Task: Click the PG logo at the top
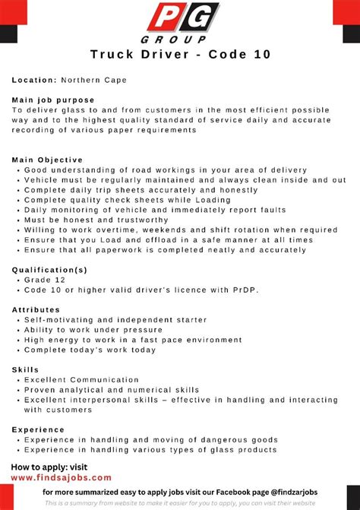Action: [183, 18]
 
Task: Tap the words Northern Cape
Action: [95, 80]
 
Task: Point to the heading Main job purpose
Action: [53, 100]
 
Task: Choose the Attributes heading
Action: [36, 309]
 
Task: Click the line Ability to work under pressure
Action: [93, 330]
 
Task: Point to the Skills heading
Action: [26, 369]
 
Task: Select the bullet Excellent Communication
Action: [83, 379]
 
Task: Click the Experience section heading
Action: [38, 429]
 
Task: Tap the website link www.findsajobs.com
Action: [62, 478]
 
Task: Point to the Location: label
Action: [34, 80]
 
